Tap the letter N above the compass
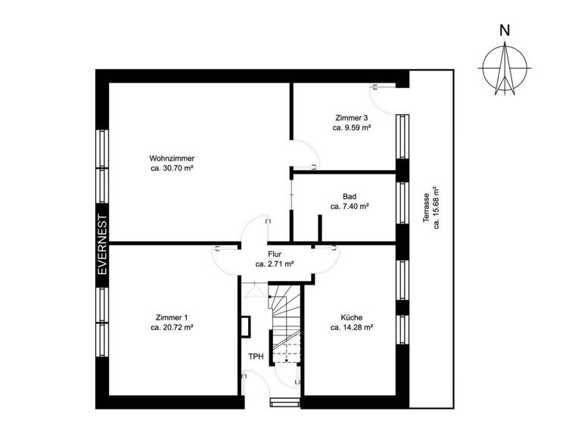(504, 31)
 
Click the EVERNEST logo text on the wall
(102, 245)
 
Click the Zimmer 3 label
(351, 118)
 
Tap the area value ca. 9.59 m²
(351, 129)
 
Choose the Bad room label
(349, 195)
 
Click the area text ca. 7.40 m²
(349, 206)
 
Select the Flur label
(274, 254)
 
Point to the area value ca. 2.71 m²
(274, 264)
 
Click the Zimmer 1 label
(172, 317)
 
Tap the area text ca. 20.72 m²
(172, 328)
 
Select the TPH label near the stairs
(255, 357)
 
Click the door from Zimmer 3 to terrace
(382, 97)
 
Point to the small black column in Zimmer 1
(245, 324)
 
